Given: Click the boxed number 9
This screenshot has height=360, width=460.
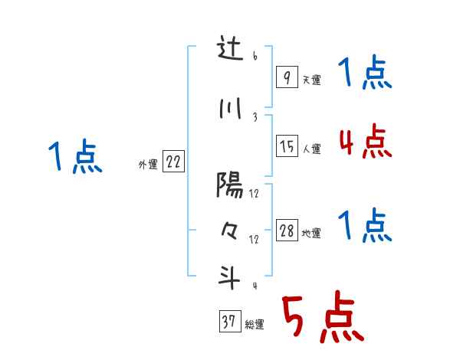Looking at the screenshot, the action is pyautogui.click(x=286, y=77).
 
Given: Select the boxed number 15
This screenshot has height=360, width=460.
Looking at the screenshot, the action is pyautogui.click(x=287, y=146).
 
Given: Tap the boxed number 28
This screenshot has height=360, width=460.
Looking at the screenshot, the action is pyautogui.click(x=287, y=231).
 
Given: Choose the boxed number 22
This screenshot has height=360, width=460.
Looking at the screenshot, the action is pyautogui.click(x=173, y=162).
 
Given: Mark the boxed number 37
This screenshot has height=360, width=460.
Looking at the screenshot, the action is pyautogui.click(x=229, y=322).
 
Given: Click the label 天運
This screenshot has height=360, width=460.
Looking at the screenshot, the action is pyautogui.click(x=311, y=80).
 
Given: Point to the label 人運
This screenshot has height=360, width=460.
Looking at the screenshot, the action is pyautogui.click(x=312, y=149).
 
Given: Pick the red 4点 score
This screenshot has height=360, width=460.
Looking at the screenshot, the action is pyautogui.click(x=365, y=142).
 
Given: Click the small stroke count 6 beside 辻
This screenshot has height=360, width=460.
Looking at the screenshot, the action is pyautogui.click(x=255, y=57).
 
